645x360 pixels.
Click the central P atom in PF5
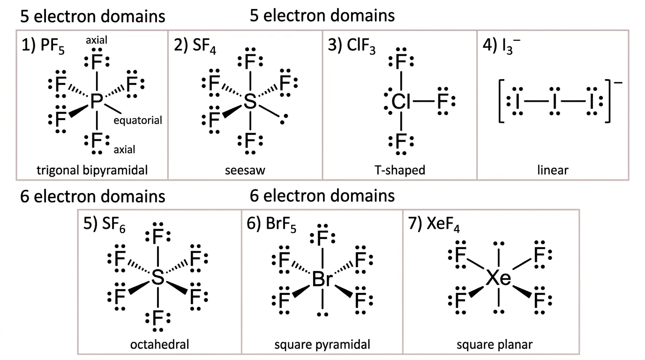pyautogui.click(x=97, y=101)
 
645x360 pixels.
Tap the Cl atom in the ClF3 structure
pyautogui.click(x=400, y=101)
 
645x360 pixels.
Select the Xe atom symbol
pyautogui.click(x=498, y=278)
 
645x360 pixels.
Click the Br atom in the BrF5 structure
pyautogui.click(x=322, y=279)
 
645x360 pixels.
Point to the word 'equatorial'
pyautogui.click(x=138, y=120)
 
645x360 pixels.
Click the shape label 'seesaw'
pyautogui.click(x=245, y=170)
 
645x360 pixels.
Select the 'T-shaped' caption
pyautogui.click(x=400, y=170)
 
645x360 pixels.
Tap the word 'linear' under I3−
pyautogui.click(x=553, y=170)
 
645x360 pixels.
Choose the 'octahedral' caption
pyautogui.click(x=159, y=344)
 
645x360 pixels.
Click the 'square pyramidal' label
pyautogui.click(x=322, y=345)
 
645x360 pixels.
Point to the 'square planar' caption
pyautogui.click(x=495, y=345)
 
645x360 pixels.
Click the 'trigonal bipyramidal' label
pyautogui.click(x=92, y=170)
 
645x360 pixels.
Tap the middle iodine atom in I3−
pyautogui.click(x=554, y=101)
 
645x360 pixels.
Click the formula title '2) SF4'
pyautogui.click(x=195, y=45)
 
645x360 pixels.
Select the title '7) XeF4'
pyautogui.click(x=434, y=224)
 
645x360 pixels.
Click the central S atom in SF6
pyautogui.click(x=157, y=277)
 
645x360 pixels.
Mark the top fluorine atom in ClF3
pyautogui.click(x=401, y=61)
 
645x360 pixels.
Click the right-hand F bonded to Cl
pyautogui.click(x=442, y=101)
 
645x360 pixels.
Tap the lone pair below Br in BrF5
pyautogui.click(x=322, y=315)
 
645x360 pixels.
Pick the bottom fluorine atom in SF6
pyautogui.click(x=158, y=318)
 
